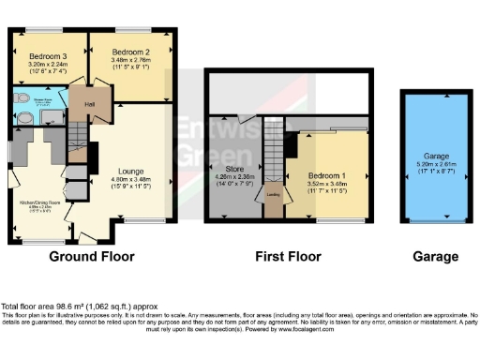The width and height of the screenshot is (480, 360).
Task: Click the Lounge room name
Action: [x=130, y=172]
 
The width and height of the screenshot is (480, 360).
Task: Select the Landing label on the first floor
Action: [x=273, y=194]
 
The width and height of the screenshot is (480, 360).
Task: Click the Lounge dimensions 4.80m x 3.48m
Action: [x=130, y=179]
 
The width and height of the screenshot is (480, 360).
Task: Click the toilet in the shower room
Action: [x=19, y=98]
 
